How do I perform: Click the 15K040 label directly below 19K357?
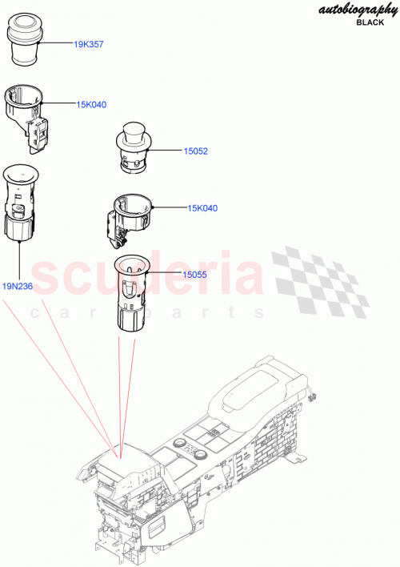[x=92, y=104]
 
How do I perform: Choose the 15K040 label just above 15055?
[x=202, y=208]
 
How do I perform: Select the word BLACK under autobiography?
[x=370, y=22]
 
